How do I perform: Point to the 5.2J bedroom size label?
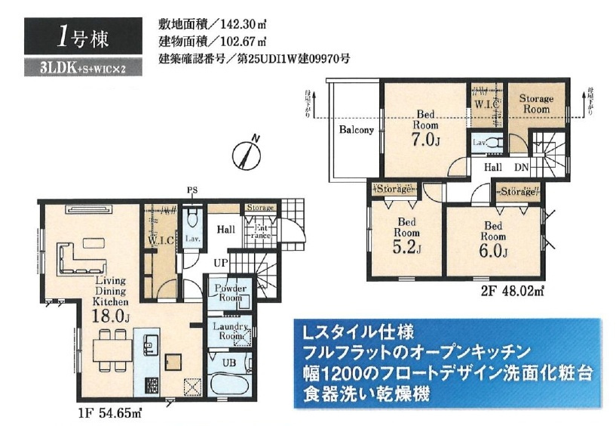[x=405, y=249]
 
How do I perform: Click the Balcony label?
[x=356, y=130]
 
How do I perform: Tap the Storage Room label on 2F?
[x=535, y=103]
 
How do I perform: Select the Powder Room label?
[x=231, y=293]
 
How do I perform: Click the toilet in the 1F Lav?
[x=192, y=221]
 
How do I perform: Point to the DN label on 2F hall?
[x=521, y=168]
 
